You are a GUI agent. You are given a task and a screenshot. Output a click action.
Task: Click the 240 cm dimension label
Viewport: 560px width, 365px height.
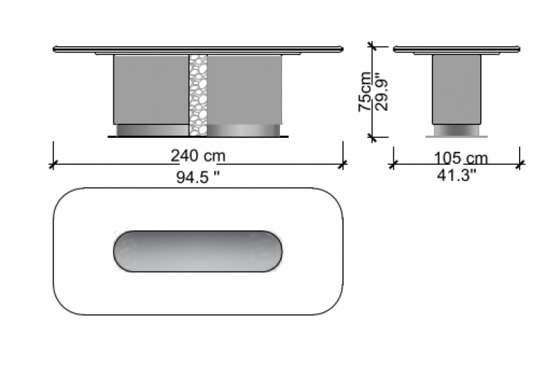198,156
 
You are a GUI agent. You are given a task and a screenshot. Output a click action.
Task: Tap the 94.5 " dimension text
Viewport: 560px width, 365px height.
198,177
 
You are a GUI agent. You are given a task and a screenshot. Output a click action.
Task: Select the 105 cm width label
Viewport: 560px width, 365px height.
461,158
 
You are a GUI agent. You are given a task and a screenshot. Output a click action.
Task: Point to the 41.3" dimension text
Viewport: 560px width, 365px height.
457,175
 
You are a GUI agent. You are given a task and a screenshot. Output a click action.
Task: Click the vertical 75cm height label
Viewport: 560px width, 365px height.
365,92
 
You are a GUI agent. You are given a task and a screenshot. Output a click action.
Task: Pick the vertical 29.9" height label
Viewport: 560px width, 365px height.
382,93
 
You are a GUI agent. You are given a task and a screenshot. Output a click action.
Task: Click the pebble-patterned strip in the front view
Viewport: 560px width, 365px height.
198,95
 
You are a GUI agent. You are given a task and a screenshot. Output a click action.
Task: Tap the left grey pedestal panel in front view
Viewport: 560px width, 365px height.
151,90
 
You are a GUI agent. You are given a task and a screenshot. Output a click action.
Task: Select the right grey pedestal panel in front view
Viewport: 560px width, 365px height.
245,90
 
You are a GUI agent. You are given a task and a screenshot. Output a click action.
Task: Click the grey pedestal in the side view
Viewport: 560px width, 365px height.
456,90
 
